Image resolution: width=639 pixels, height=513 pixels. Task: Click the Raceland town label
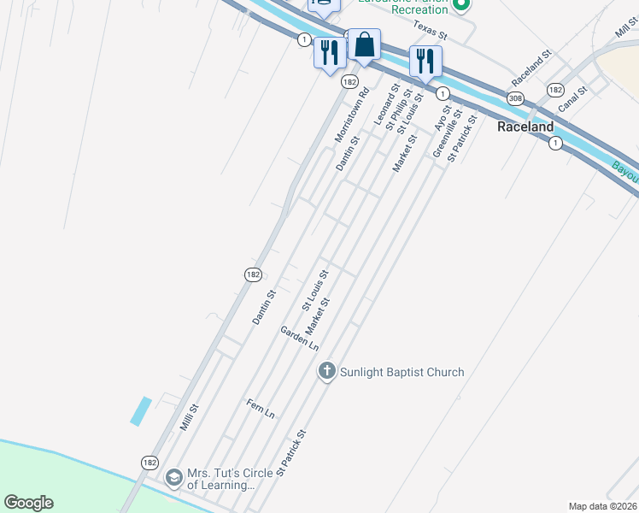point(525,127)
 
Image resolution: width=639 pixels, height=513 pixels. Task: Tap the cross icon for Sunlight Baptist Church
point(325,371)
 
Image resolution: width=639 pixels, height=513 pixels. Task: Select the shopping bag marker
point(364,45)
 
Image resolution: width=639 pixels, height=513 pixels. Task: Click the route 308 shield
point(515,99)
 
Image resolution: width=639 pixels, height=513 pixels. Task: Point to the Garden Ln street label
point(299,339)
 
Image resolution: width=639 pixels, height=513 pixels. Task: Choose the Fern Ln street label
point(261,409)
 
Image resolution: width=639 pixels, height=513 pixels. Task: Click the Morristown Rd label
point(351,115)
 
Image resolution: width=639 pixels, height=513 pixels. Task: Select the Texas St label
point(431,31)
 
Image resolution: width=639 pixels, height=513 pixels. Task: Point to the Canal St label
point(572,100)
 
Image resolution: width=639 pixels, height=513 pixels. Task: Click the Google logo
point(28,503)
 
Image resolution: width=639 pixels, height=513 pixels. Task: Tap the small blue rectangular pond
point(141,410)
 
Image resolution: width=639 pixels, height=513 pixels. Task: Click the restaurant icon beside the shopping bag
point(329,52)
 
